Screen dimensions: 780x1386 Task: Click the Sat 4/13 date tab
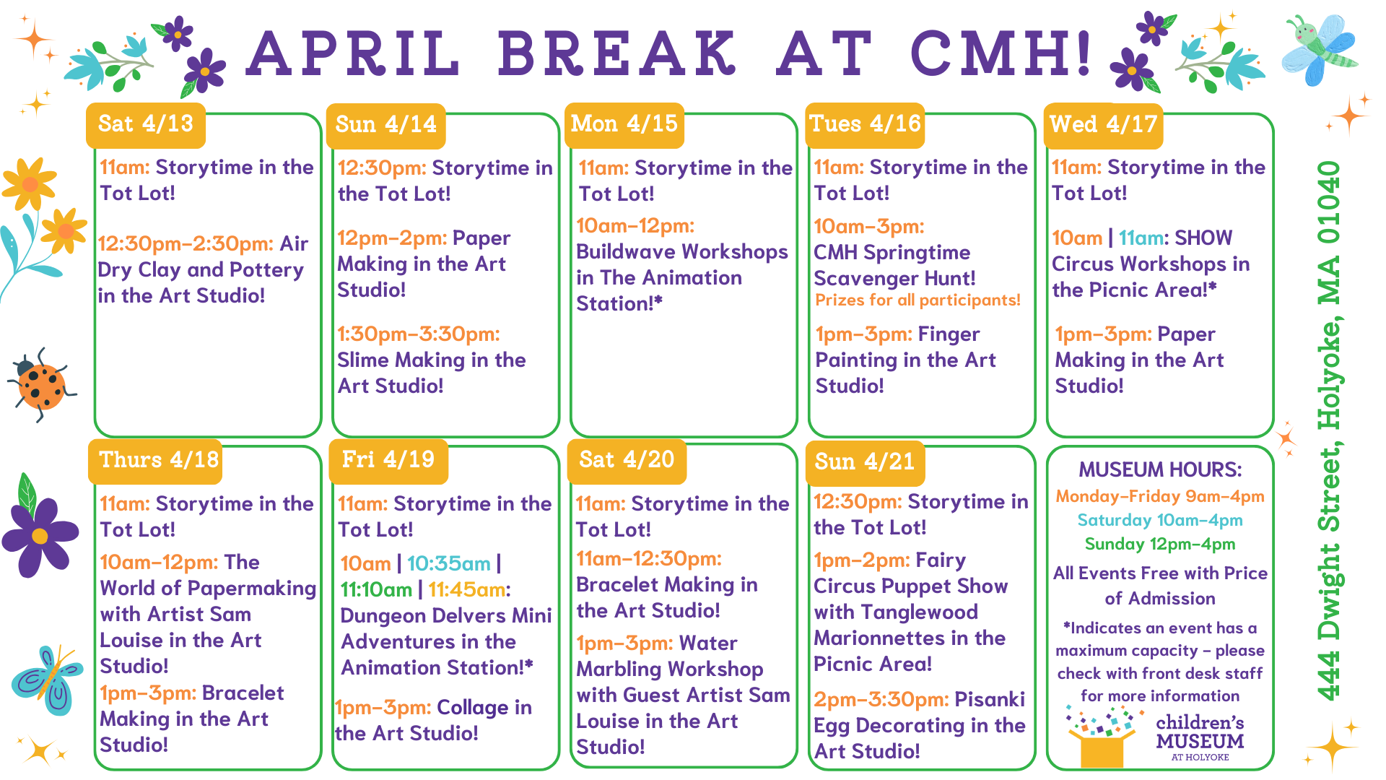(x=146, y=124)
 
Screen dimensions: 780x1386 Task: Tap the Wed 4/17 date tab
(x=1103, y=124)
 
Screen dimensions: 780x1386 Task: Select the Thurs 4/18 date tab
(x=158, y=460)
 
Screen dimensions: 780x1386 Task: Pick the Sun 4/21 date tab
(x=864, y=461)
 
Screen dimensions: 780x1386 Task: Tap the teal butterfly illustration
(x=48, y=679)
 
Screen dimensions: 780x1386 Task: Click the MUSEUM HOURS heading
(x=1160, y=470)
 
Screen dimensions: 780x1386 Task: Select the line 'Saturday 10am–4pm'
(x=1160, y=521)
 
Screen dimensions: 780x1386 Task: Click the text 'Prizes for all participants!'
(x=918, y=300)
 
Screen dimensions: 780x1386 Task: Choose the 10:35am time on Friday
(x=448, y=563)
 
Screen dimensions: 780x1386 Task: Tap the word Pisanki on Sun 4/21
(x=990, y=700)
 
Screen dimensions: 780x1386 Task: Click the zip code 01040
(x=1330, y=201)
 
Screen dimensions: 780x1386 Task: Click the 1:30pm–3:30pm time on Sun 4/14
(x=419, y=334)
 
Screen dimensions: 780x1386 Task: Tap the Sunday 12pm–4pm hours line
(x=1160, y=545)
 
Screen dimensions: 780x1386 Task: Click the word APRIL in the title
(x=354, y=53)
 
